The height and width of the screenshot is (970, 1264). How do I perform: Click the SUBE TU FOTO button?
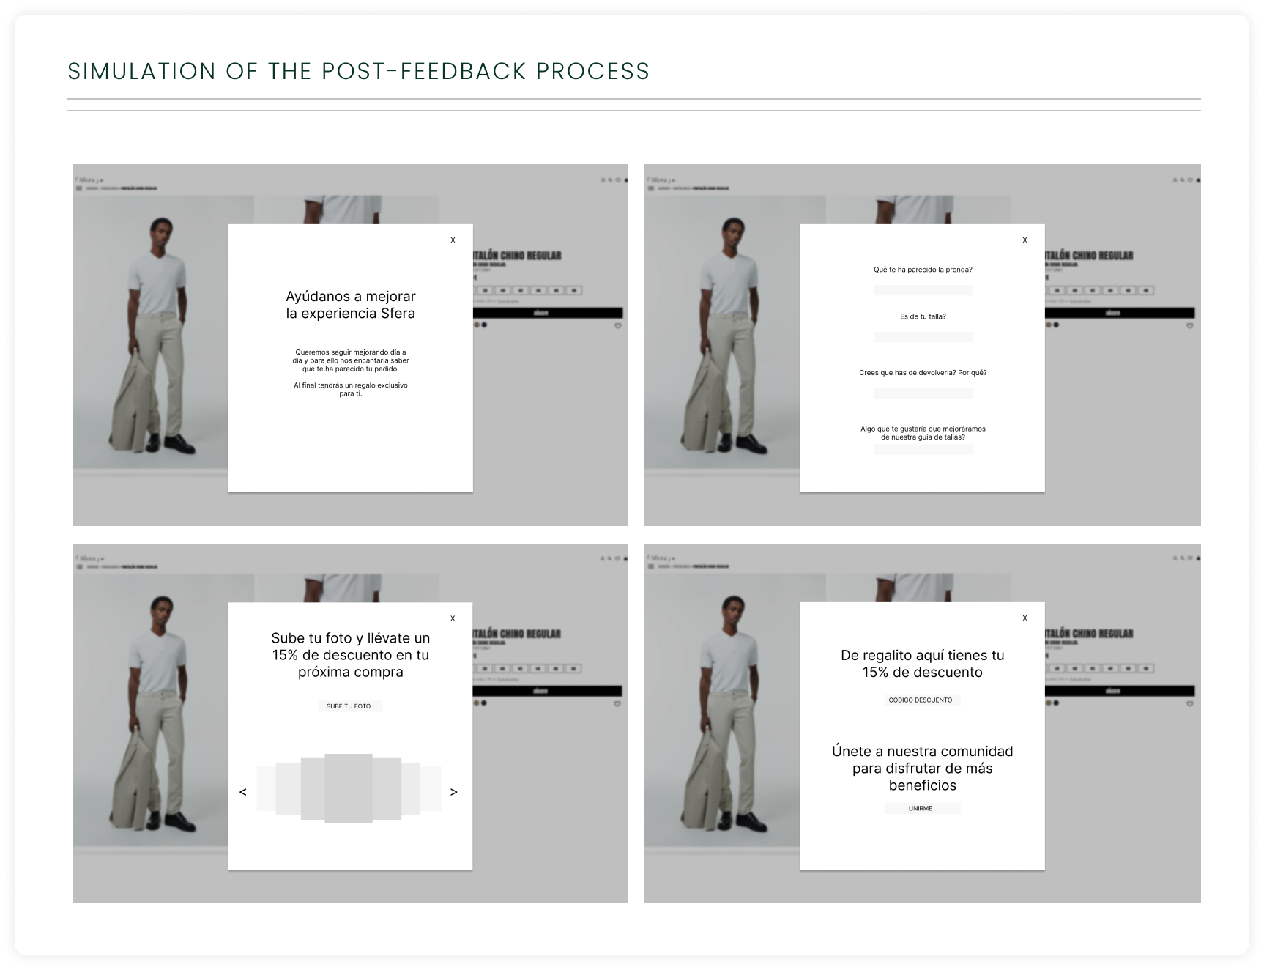[349, 706]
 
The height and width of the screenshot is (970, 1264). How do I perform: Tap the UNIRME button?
[921, 808]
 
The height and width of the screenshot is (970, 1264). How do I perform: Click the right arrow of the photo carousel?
[453, 792]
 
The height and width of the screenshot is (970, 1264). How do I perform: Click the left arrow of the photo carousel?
[243, 792]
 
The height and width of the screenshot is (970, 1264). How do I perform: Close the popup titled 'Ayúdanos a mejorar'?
[453, 240]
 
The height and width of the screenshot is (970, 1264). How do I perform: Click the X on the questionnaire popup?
[1025, 240]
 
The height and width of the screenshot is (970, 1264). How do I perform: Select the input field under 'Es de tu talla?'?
[923, 337]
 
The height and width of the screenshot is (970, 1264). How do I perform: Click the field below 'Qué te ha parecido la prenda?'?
[923, 290]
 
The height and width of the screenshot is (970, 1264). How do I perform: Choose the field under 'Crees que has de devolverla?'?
[923, 393]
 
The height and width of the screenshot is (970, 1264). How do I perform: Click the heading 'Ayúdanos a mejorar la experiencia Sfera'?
[350, 305]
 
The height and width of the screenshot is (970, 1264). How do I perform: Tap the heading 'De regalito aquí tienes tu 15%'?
[922, 664]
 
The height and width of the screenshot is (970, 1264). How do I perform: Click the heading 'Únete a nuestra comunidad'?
[922, 768]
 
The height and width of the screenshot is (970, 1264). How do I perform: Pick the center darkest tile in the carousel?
[349, 788]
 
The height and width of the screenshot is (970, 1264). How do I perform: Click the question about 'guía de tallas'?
[923, 433]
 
